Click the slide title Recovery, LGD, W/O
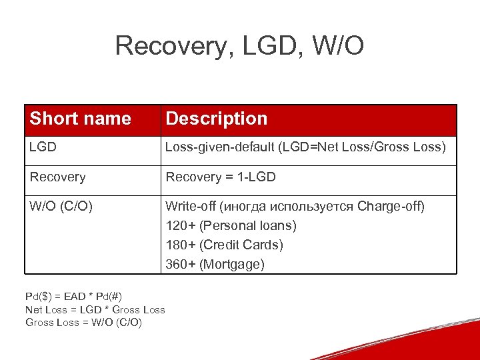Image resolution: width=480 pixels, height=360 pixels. (239, 46)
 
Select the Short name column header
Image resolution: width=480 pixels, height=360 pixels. (80, 119)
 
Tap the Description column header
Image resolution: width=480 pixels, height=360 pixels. (216, 119)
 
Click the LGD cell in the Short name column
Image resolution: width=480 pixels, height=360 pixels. (43, 147)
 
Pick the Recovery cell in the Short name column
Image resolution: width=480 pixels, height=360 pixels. (57, 177)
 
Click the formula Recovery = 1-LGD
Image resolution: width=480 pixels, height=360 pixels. (220, 177)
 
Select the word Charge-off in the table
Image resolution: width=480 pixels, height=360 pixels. (391, 205)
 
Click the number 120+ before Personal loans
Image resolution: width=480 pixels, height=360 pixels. (180, 225)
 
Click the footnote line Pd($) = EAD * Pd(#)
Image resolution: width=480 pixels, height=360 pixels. (73, 296)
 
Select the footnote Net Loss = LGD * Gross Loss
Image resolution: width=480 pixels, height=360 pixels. (95, 309)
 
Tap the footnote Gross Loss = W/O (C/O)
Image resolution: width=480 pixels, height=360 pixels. (83, 323)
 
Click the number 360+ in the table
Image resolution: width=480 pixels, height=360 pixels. (180, 264)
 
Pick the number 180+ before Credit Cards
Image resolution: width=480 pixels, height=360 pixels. (180, 245)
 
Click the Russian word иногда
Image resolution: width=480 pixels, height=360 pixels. (247, 205)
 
